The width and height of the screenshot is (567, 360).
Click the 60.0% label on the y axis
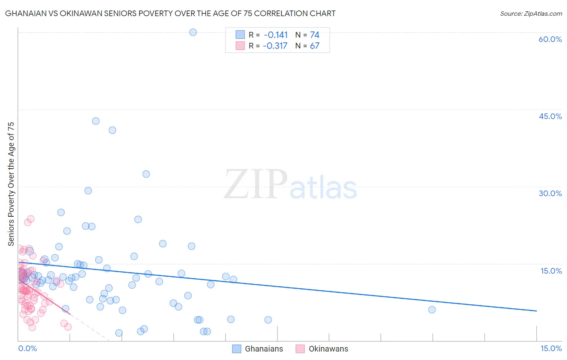coord(550,39)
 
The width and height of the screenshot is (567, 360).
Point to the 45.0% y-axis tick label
coord(550,116)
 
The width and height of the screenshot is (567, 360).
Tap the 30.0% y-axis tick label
coord(550,193)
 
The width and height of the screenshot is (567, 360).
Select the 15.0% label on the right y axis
coord(551,271)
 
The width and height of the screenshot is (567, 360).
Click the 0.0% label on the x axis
coord(27,349)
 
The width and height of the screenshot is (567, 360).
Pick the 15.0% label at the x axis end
coord(551,349)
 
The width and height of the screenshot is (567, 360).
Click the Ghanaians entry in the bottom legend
coord(264,349)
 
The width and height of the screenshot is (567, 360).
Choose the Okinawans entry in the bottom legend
coord(328,349)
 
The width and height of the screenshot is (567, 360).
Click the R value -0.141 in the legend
coord(276,35)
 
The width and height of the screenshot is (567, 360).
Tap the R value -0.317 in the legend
coord(275,46)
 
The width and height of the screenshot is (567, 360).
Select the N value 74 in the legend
coord(315,35)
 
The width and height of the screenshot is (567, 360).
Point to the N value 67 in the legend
coord(315,46)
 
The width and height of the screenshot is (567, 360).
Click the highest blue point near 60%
coord(193,32)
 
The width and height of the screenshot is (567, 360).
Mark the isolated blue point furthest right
coord(432,310)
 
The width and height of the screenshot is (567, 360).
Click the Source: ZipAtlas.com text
coord(531,14)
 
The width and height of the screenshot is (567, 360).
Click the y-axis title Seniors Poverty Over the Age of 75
coord(11,184)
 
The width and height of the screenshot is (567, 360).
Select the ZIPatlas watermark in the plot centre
coord(290,184)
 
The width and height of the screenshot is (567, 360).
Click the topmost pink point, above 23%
coord(31,219)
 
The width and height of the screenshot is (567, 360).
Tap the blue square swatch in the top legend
coord(240,35)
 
